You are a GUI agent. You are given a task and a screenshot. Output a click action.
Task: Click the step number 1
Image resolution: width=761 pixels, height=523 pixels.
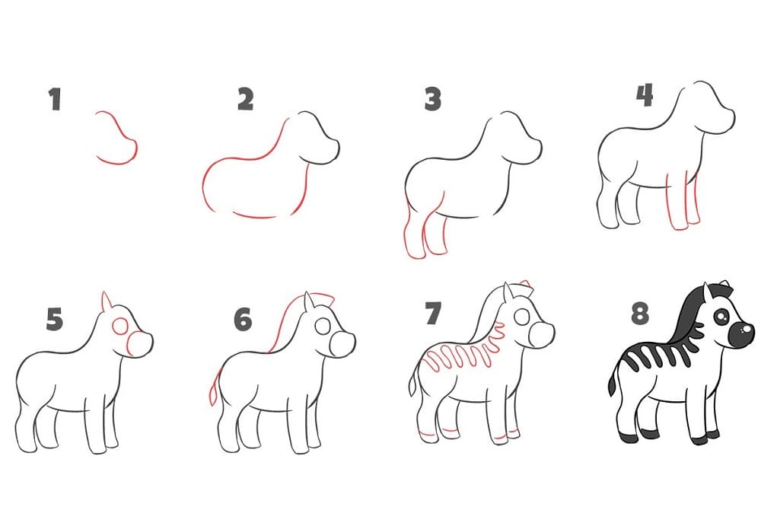pyautogui.click(x=55, y=99)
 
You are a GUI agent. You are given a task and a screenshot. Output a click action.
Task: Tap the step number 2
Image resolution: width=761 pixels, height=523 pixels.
pyautogui.click(x=246, y=99)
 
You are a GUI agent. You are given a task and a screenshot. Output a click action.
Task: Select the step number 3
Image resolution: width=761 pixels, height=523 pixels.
pyautogui.click(x=432, y=99)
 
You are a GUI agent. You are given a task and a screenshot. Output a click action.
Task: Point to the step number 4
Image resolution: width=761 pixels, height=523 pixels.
pyautogui.click(x=645, y=95)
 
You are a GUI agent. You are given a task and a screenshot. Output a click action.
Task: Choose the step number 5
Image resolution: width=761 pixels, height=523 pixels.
pyautogui.click(x=55, y=320)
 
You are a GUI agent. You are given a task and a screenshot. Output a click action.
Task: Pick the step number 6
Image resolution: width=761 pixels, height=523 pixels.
pyautogui.click(x=243, y=320)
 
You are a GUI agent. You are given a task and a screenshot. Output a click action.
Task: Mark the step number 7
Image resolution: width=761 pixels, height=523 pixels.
pyautogui.click(x=433, y=313)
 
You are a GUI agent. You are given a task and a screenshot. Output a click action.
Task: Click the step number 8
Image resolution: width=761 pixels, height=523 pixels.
pyautogui.click(x=640, y=313)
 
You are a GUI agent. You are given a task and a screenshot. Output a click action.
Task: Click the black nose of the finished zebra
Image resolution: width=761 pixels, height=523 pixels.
pyautogui.click(x=741, y=334)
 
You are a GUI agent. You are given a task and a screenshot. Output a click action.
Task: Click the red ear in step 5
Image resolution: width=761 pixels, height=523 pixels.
pyautogui.click(x=106, y=301)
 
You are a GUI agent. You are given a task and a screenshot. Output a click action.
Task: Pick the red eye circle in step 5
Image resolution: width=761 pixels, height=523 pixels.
pyautogui.click(x=120, y=327)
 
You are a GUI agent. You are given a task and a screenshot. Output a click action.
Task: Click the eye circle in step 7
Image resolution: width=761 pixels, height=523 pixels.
pyautogui.click(x=522, y=317)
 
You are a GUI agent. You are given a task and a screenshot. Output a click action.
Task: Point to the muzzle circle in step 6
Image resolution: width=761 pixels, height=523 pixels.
pyautogui.click(x=342, y=346)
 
